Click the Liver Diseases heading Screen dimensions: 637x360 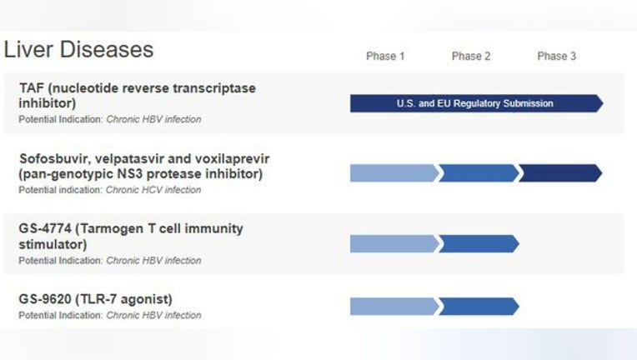tap(78, 49)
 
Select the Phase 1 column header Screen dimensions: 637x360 tap(385, 56)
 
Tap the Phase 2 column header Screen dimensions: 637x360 tap(471, 56)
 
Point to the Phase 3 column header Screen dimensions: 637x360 tap(557, 56)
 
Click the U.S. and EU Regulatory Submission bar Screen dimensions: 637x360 tap(477, 103)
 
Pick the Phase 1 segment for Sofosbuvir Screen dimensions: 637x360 tap(394, 173)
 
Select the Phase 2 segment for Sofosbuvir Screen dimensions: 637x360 tap(479, 173)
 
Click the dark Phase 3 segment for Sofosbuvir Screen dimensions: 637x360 tap(560, 173)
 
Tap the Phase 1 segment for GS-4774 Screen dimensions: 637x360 tap(394, 244)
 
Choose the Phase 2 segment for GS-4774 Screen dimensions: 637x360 tap(479, 244)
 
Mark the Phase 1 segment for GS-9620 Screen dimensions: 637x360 tap(394, 307)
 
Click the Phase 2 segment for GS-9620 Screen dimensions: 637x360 tap(479, 307)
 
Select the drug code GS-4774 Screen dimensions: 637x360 tap(45, 228)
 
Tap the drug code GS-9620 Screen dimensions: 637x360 tap(45, 299)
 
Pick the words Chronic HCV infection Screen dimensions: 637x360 tap(153, 190)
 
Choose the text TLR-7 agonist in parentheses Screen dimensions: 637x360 tap(124, 299)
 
